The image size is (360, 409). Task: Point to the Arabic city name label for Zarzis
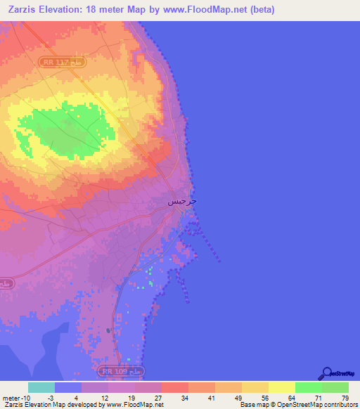[182, 202]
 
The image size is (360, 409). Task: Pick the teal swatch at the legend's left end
[41, 387]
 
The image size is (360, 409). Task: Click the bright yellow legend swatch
[282, 387]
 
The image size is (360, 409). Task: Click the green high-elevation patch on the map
[70, 130]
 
